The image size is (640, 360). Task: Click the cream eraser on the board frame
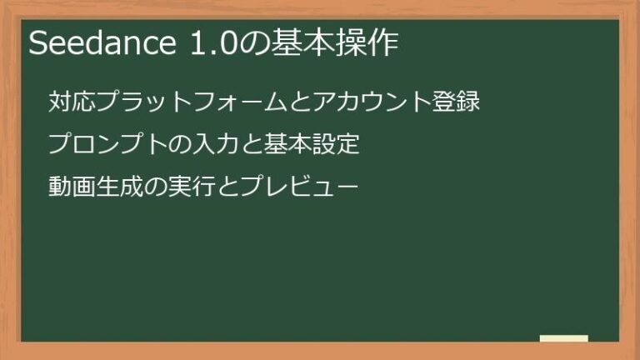(564, 338)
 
